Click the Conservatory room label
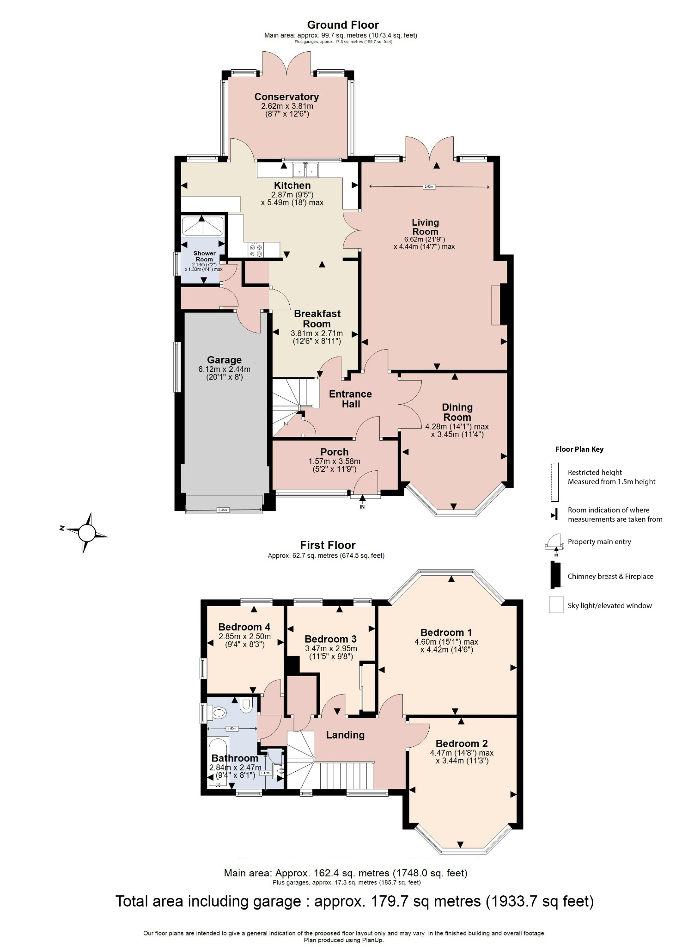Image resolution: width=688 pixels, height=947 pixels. tap(286, 97)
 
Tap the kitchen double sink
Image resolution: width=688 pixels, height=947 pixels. tap(305, 170)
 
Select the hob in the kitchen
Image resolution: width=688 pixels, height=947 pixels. tap(256, 250)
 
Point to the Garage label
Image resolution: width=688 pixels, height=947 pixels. tap(224, 360)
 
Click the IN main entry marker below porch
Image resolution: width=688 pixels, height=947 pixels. tap(362, 506)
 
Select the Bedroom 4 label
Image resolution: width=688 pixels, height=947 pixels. tap(244, 627)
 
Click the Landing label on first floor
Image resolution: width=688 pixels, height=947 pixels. tap(345, 735)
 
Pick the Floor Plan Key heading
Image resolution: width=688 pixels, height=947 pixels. tap(579, 449)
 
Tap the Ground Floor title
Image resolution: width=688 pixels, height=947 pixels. tap(343, 25)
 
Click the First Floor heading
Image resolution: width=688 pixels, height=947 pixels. tap(328, 545)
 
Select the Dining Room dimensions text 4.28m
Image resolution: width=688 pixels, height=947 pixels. tap(457, 426)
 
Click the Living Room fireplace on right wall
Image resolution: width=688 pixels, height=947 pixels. tap(497, 305)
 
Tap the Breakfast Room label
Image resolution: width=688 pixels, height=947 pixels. tap(317, 319)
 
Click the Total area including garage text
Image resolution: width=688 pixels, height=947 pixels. tap(354, 901)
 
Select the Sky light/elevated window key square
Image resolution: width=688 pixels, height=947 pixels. tap(556, 605)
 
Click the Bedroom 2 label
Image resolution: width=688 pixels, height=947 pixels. tap(461, 744)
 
